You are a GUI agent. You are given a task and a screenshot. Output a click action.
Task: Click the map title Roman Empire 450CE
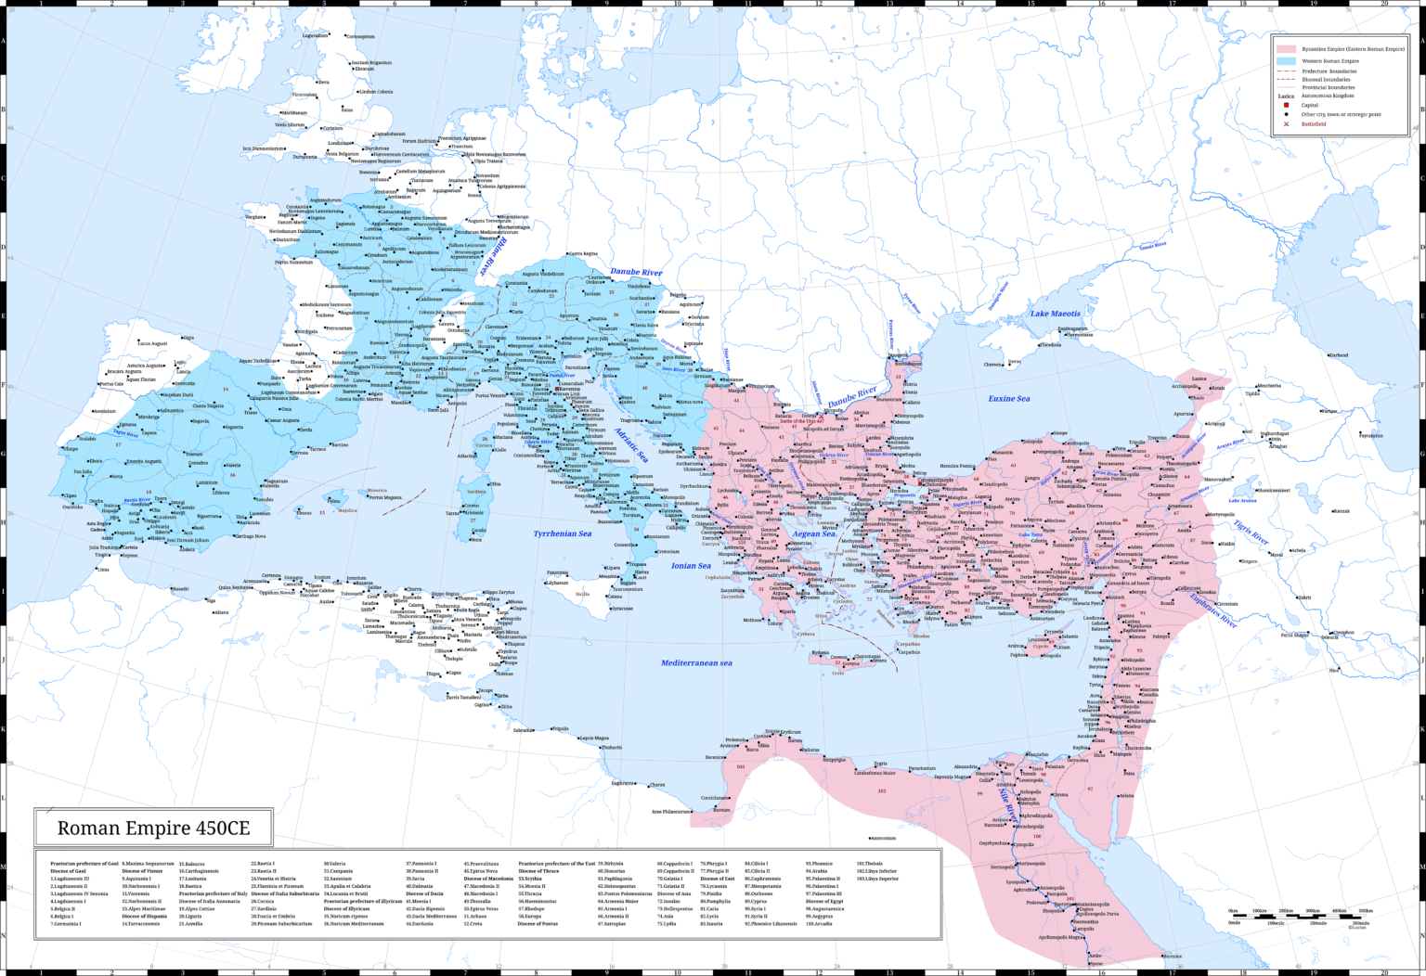[153, 828]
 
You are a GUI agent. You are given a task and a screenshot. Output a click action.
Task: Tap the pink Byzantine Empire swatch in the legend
[1286, 49]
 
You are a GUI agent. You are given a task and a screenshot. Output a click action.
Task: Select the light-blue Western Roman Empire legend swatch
[1286, 60]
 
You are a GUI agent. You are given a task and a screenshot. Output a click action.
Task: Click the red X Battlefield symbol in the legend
[1286, 123]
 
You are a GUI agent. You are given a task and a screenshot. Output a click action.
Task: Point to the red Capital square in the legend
[1286, 105]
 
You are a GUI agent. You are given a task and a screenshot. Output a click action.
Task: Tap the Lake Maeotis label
[1057, 314]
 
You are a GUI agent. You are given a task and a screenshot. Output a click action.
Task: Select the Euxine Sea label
[1008, 398]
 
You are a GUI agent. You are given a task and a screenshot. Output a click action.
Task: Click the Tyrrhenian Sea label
[562, 533]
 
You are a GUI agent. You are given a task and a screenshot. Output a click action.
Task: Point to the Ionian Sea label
[691, 565]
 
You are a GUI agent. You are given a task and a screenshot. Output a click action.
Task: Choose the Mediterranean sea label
[696, 662]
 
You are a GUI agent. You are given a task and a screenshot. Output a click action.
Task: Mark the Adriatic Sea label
[630, 445]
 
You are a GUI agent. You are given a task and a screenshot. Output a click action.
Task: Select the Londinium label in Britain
[340, 143]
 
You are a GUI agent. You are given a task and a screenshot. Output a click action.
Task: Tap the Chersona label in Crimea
[992, 365]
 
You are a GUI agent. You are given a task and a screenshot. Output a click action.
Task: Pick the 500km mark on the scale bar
[1365, 911]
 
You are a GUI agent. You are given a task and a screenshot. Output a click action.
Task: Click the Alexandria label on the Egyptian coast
[966, 766]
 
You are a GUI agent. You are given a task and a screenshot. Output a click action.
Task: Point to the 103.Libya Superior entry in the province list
[877, 878]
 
